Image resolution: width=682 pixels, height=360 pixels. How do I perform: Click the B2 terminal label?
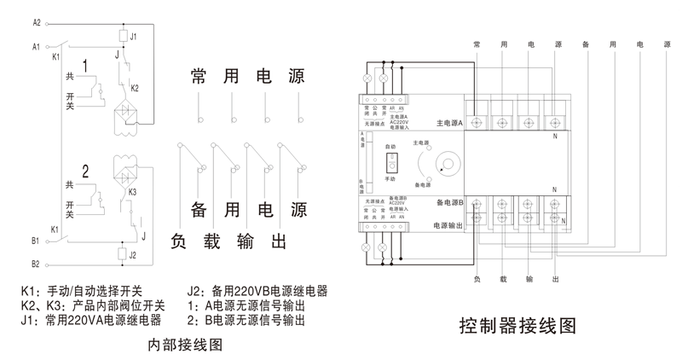pos(37,264)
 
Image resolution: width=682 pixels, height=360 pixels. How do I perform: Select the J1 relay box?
pos(123,37)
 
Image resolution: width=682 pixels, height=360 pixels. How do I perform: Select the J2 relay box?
pos(123,254)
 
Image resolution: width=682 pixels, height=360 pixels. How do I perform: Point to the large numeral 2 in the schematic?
pos(85,169)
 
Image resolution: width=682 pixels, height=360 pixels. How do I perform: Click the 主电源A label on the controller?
pos(448,123)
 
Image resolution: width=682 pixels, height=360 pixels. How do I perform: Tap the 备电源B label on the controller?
pos(448,203)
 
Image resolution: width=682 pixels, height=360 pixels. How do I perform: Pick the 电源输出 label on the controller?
pos(448,226)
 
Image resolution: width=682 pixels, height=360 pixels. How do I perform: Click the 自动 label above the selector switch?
pos(390,147)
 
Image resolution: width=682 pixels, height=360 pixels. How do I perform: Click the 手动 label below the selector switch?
pos(390,180)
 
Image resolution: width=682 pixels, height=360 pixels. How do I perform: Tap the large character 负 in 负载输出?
pos(182,241)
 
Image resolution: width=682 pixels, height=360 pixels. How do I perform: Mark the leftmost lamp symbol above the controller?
pos(368,78)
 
